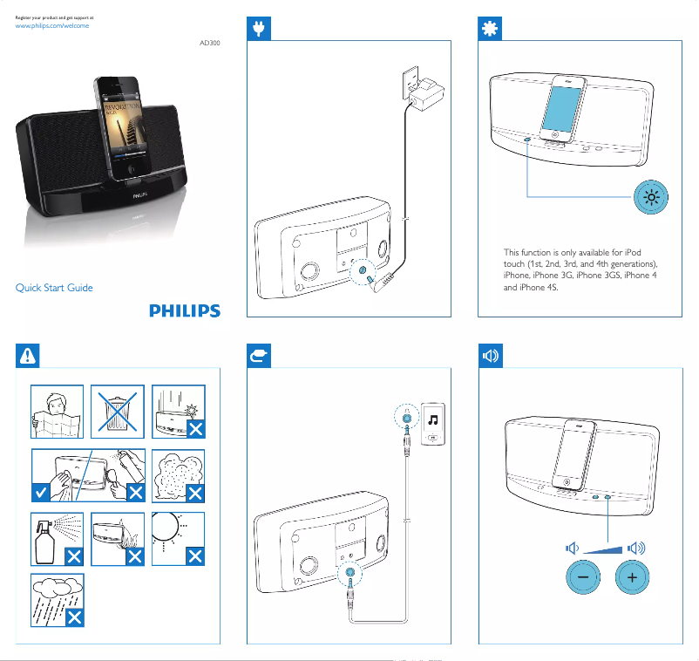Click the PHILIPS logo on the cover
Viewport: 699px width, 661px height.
click(x=183, y=310)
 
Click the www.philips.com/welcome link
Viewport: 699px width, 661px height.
click(x=53, y=26)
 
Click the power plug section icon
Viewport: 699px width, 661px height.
click(x=259, y=30)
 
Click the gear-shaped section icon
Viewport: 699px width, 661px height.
click(x=491, y=30)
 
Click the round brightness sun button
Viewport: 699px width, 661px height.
click(x=650, y=199)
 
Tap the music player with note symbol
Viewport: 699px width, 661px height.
click(x=433, y=425)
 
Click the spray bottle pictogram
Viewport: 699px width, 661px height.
click(x=57, y=539)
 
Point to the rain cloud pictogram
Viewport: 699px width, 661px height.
click(x=57, y=600)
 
